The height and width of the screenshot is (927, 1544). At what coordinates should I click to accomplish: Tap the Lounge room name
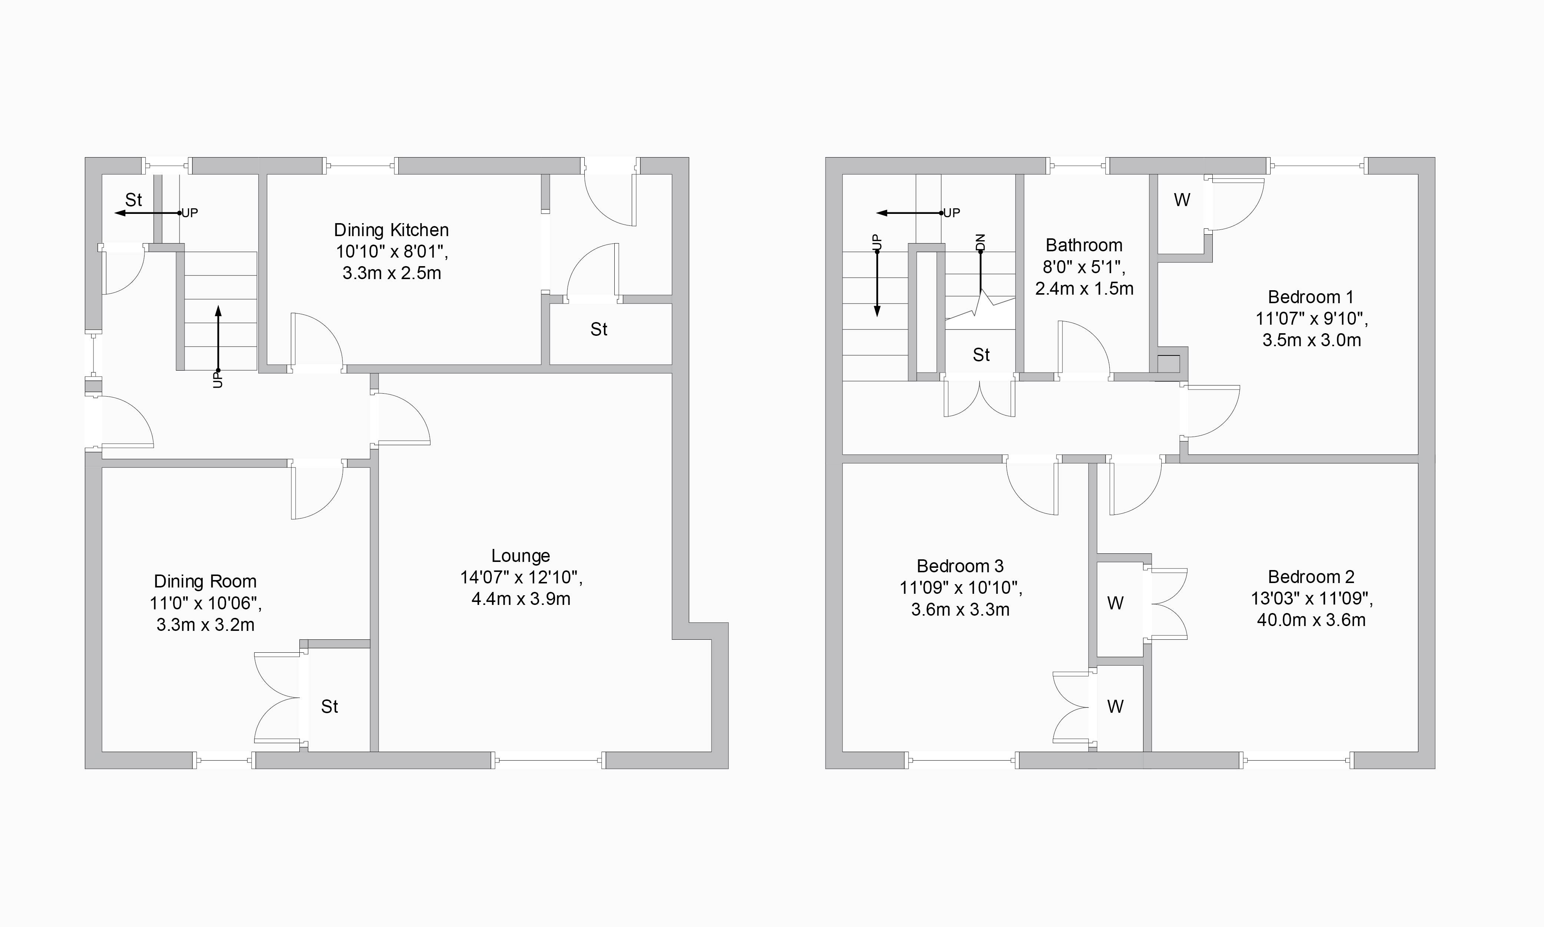coord(521,556)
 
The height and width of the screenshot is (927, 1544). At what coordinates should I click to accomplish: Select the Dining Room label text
coord(205,582)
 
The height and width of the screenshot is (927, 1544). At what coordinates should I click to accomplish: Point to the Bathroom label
coord(1084,245)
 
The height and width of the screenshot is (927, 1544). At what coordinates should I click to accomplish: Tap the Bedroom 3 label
coord(960,566)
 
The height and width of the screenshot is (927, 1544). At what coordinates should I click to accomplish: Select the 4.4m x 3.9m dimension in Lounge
coord(521,599)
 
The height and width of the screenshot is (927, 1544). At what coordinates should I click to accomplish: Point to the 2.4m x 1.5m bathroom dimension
coord(1084,289)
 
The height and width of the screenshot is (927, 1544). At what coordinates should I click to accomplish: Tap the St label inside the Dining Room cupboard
coord(330,706)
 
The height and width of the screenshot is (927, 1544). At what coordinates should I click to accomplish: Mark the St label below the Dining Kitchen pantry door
coord(599,329)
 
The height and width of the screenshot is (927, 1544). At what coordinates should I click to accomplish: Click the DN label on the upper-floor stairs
coord(980,242)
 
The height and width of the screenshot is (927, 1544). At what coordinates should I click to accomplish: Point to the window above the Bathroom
coord(1078,166)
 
